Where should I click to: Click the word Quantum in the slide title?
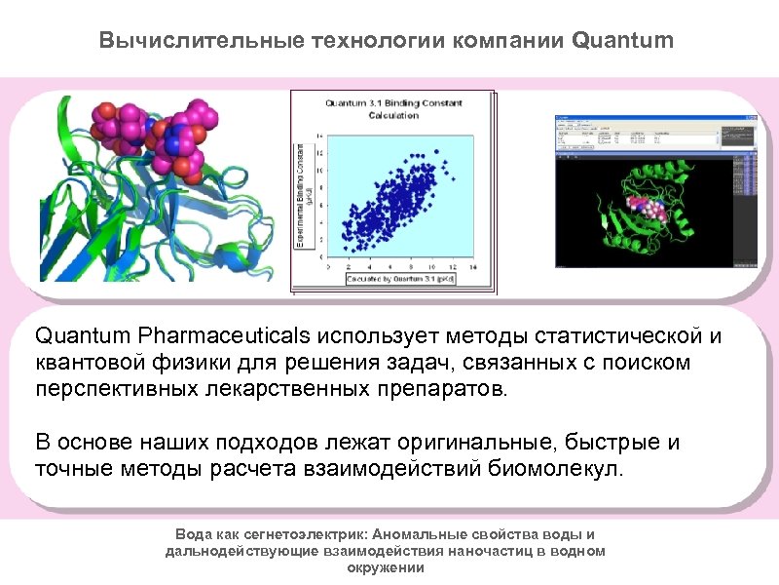622,41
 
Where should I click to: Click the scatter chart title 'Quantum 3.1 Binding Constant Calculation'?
393,108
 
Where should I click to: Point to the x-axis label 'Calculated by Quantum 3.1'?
400,278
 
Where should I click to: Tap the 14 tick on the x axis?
472,265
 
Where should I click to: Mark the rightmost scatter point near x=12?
447,171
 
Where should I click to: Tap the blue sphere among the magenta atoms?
177,143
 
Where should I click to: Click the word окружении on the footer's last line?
385,565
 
